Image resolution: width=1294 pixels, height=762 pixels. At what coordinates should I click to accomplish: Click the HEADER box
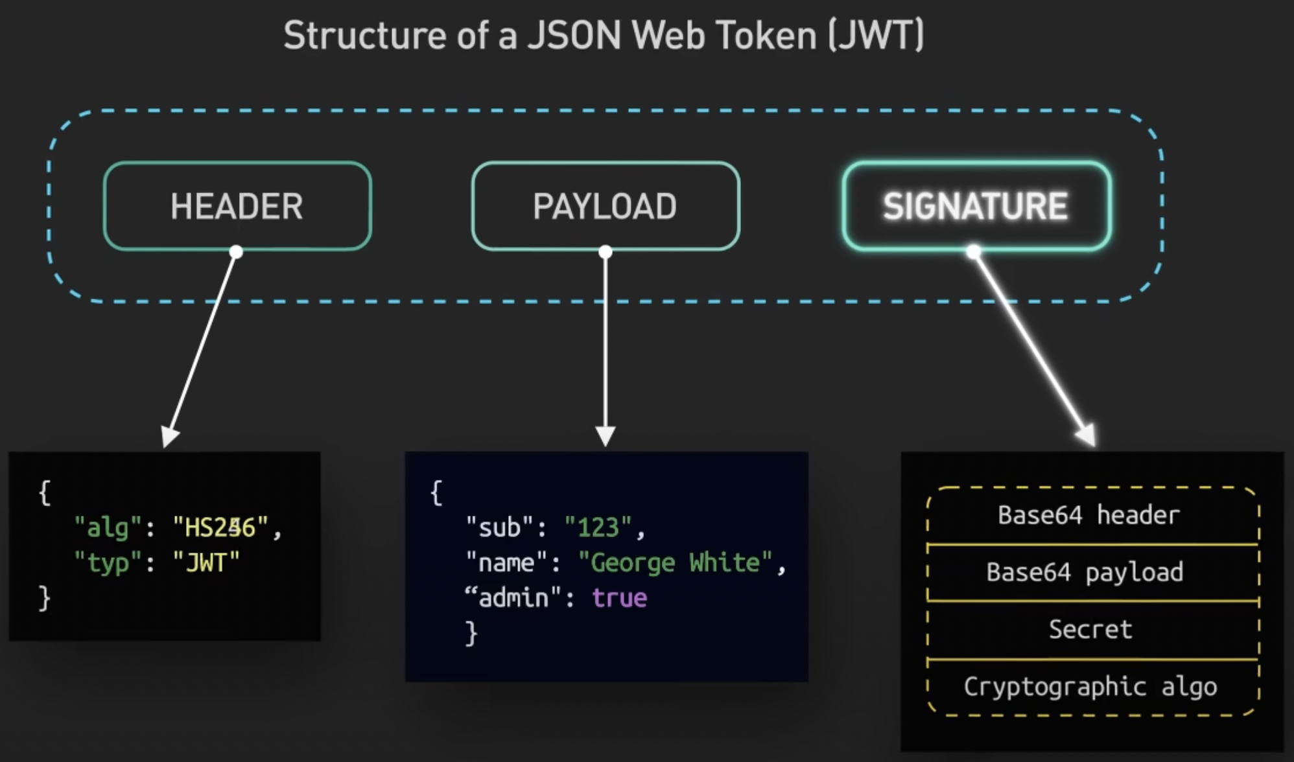237,206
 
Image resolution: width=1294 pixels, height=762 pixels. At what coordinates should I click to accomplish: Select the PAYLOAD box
606,206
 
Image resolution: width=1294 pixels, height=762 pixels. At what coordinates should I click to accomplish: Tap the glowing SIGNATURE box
976,206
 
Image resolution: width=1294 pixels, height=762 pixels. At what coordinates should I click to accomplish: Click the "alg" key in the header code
107,527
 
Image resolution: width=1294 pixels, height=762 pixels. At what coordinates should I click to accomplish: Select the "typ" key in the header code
107,562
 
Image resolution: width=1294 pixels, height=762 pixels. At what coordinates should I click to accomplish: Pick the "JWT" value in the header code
206,562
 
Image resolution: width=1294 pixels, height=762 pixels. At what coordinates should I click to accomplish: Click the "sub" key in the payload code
499,527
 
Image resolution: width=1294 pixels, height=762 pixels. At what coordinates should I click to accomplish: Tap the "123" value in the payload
598,527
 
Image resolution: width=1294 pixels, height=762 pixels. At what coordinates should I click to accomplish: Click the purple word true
619,597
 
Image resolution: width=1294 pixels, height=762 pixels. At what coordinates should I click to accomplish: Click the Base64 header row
1088,515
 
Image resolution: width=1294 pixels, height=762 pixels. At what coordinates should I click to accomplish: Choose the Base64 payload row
1085,572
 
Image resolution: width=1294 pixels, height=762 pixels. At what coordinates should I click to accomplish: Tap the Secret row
1090,629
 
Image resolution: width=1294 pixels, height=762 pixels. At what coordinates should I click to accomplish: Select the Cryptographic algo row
1090,687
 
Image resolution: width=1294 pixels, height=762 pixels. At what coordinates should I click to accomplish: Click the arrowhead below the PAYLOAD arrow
606,435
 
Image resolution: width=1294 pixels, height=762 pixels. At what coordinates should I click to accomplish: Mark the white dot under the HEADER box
236,252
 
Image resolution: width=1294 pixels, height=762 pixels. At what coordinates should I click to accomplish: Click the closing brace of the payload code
471,633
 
